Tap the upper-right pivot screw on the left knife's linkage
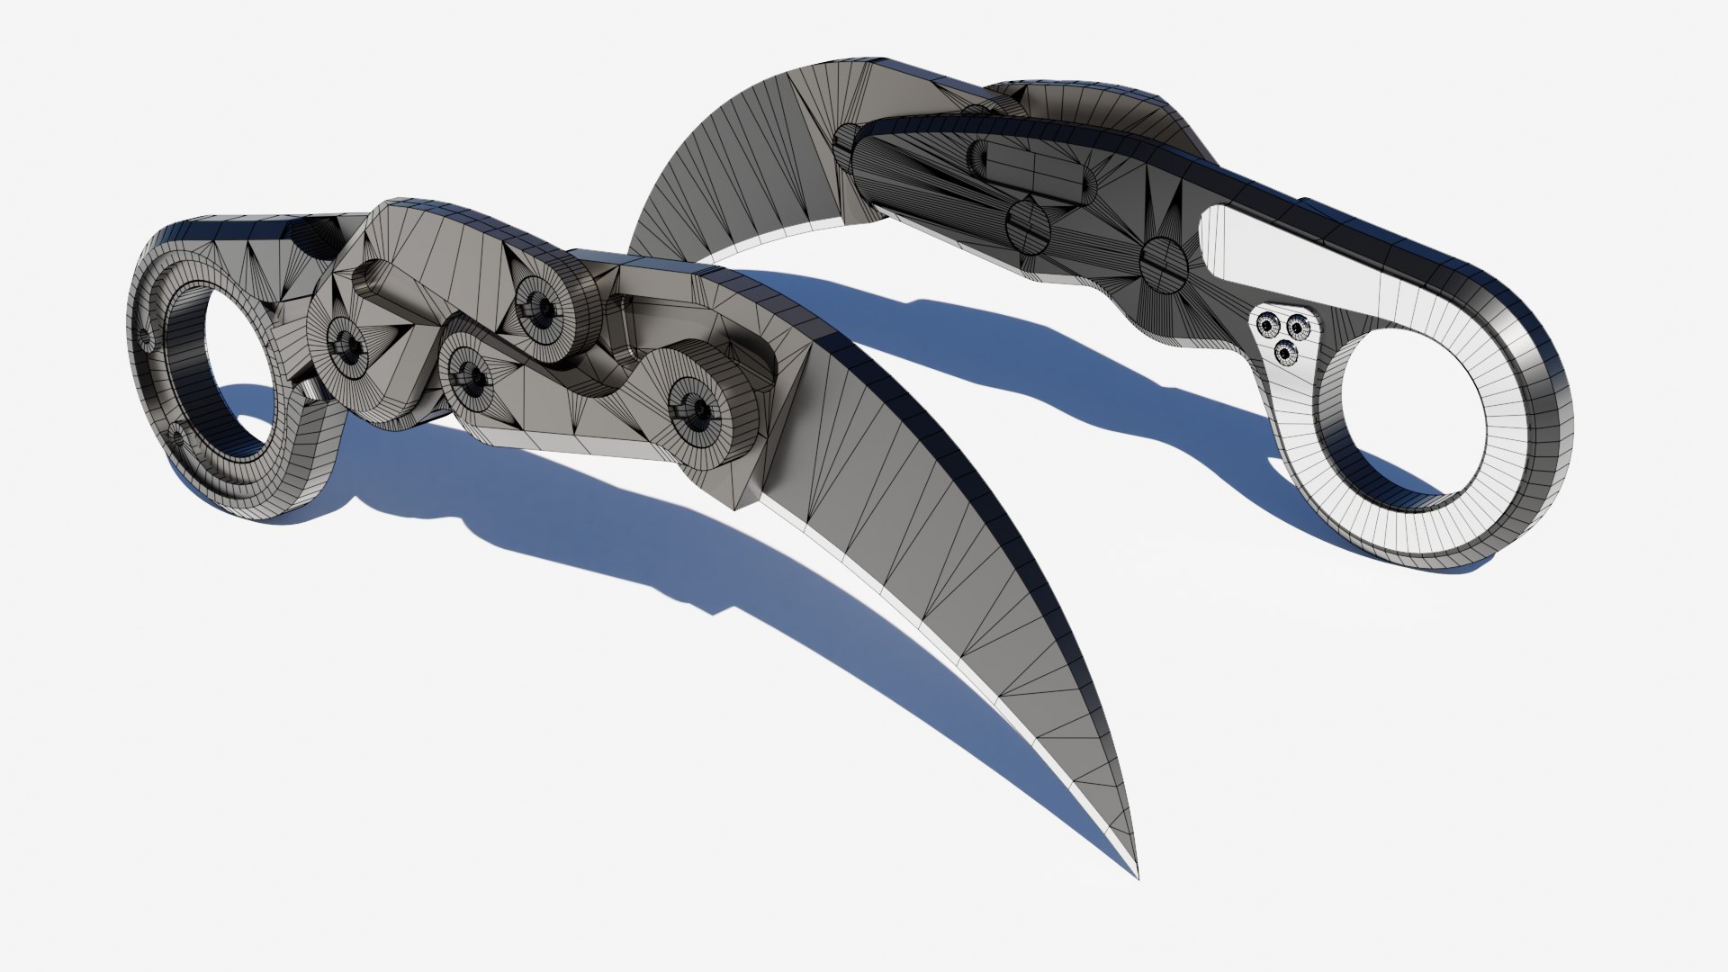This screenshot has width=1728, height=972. [541, 303]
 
